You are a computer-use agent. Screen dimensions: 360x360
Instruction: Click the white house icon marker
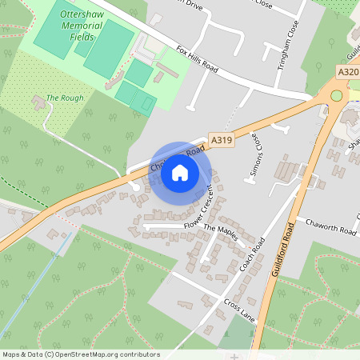pos(181,172)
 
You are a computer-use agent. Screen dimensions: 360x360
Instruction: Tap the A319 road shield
pos(222,140)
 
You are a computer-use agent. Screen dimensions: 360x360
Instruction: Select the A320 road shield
pos(347,72)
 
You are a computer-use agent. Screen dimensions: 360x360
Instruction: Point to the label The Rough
pos(65,98)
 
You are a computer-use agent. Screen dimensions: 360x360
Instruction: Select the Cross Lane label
pos(239,310)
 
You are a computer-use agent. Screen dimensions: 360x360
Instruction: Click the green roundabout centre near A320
pos(336,96)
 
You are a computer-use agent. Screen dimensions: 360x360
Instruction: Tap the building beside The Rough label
pos(38,102)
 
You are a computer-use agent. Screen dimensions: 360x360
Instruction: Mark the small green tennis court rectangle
pos(145,102)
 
